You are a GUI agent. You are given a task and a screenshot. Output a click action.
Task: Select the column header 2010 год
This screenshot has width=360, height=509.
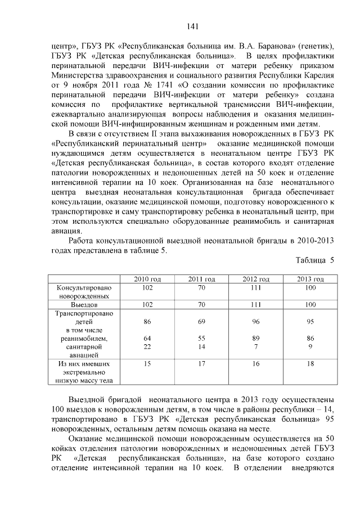pos(147,279)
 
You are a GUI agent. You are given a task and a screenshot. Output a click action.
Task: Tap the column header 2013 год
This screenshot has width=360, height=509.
pos(310,279)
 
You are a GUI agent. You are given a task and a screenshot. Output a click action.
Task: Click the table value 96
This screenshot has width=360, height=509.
pos(256,322)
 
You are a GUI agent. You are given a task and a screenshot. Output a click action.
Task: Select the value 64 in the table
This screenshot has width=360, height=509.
pos(147,339)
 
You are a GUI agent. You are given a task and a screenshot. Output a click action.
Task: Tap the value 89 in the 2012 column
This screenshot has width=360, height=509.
pos(256,339)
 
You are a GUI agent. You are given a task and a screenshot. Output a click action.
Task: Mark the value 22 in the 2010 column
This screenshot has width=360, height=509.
pos(147,347)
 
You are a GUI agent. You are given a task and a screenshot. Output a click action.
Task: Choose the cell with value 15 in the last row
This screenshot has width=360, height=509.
pos(147,364)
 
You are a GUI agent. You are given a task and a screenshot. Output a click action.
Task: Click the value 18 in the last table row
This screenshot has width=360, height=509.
pos(310,364)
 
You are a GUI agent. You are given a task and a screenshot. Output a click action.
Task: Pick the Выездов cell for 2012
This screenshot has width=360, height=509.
pos(256,304)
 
